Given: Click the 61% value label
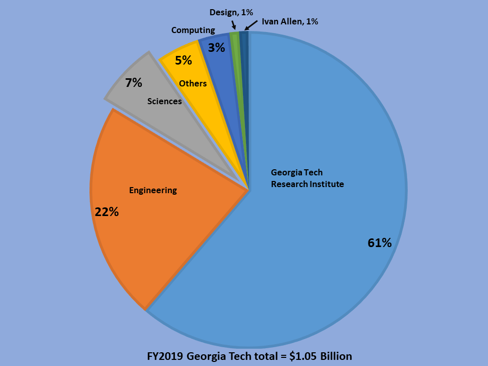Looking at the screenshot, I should (x=379, y=243).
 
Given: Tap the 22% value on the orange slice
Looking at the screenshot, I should (x=107, y=212).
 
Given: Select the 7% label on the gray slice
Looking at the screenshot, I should (x=134, y=83).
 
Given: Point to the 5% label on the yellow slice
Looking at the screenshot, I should (x=184, y=60).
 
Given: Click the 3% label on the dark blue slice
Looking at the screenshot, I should (x=217, y=48).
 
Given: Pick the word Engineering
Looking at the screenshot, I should (x=153, y=190).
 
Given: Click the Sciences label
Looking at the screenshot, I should (x=164, y=101).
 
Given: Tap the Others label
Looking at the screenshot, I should (x=193, y=83).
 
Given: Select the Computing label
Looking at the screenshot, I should (x=193, y=30).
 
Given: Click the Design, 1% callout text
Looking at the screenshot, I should (x=231, y=12).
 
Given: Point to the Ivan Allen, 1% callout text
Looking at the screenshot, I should (x=290, y=21).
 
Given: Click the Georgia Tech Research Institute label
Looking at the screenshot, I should (x=307, y=178).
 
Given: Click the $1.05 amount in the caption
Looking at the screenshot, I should (x=302, y=356).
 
